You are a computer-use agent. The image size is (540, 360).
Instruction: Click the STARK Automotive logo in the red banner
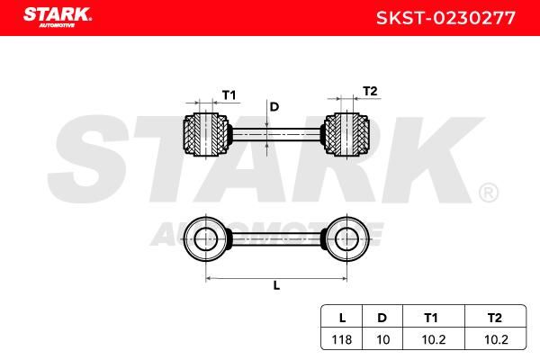pos(58,17)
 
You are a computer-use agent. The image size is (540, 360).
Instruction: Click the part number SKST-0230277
pos(446,18)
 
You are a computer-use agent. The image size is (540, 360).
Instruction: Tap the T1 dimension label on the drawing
pos(229,94)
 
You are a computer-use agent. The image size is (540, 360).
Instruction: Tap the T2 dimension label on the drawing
pos(370,91)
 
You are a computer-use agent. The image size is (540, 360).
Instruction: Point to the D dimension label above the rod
pos(274,107)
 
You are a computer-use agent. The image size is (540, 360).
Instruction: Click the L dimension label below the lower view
pos(276,285)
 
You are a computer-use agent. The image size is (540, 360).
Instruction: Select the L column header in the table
pos(342,318)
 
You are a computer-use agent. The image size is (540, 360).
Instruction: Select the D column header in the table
pos(382,318)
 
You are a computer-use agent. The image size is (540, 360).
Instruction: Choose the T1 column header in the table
pos(431,318)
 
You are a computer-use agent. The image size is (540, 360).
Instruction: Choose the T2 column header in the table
pos(495,318)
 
